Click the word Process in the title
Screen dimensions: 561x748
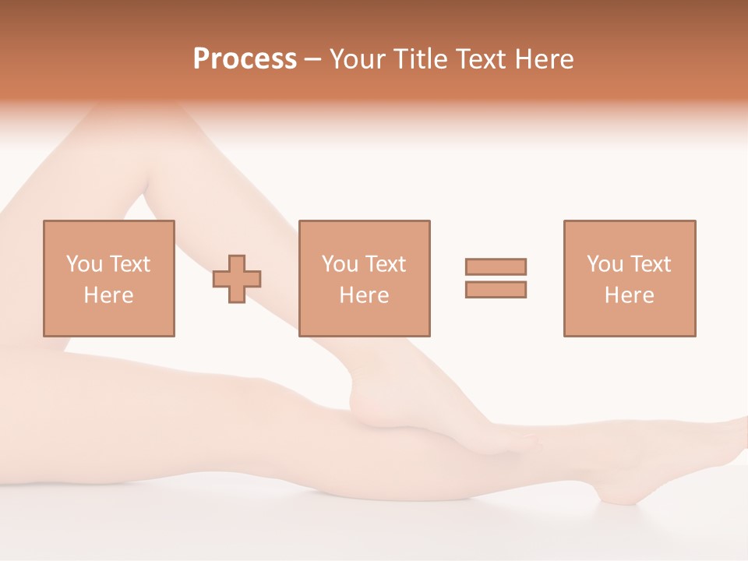pos(245,58)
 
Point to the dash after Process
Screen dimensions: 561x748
pos(312,59)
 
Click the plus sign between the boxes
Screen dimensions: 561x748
pos(237,278)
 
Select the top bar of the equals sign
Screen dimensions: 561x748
pos(496,266)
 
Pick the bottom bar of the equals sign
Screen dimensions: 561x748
pos(496,289)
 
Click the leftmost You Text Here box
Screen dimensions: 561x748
pos(108,278)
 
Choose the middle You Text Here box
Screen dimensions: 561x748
pos(364,278)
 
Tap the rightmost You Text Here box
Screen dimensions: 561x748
pos(629,278)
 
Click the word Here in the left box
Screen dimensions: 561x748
pos(108,295)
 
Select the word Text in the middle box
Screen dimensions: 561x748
pos(385,264)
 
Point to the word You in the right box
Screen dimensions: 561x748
pos(605,264)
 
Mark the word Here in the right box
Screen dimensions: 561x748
pos(629,295)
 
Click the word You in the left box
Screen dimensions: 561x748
pos(84,264)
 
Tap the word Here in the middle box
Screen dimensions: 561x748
pos(364,295)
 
